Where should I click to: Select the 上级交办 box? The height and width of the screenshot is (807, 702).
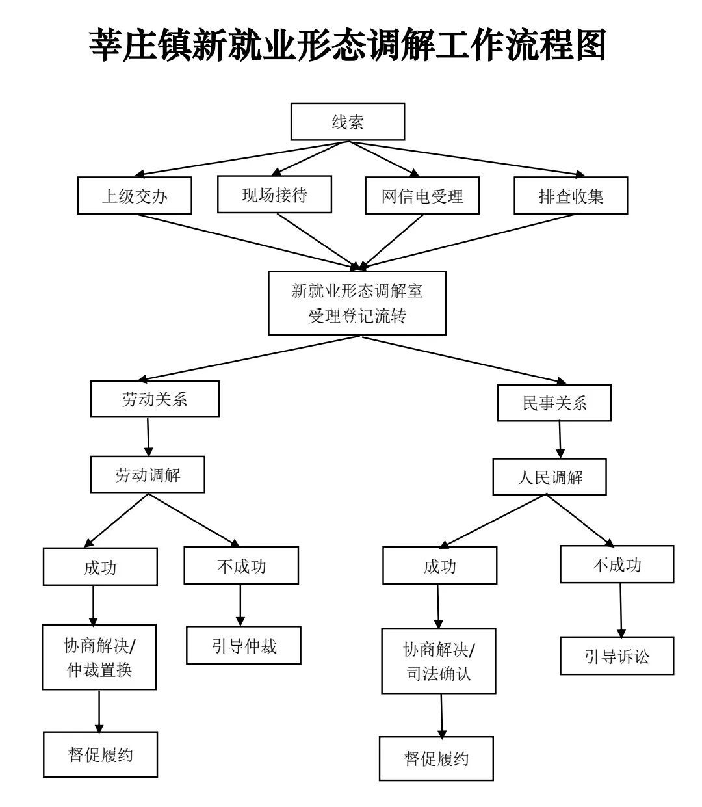135,196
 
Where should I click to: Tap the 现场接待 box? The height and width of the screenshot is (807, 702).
274,194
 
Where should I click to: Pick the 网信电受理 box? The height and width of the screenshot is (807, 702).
422,196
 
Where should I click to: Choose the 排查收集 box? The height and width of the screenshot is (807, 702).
571,196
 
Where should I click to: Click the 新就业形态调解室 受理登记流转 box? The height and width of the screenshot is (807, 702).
357,303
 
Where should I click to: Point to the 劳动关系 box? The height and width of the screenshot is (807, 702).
155,399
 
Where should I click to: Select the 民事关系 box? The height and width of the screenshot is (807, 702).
554,403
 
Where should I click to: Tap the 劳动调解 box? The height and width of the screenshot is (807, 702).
148,475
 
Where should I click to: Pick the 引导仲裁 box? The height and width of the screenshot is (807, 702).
244,646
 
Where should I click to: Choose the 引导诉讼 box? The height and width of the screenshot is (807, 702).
617,656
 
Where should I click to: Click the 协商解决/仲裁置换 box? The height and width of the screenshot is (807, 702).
99,657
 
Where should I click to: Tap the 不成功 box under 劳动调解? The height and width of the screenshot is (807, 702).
241,566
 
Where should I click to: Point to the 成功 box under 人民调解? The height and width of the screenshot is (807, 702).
439,566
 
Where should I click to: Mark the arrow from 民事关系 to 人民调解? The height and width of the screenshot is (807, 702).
560,441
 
